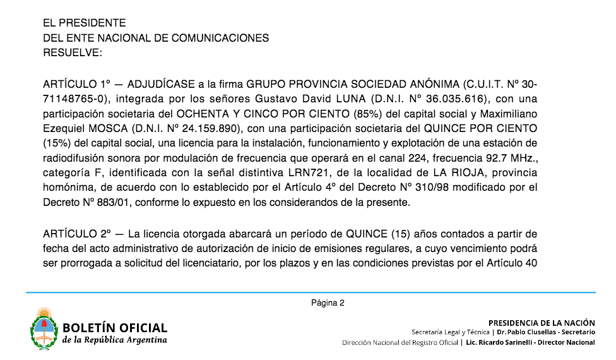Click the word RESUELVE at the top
[72, 53]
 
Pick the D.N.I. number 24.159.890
[208, 129]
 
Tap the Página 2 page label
[328, 303]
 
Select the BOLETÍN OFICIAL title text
[115, 328]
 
